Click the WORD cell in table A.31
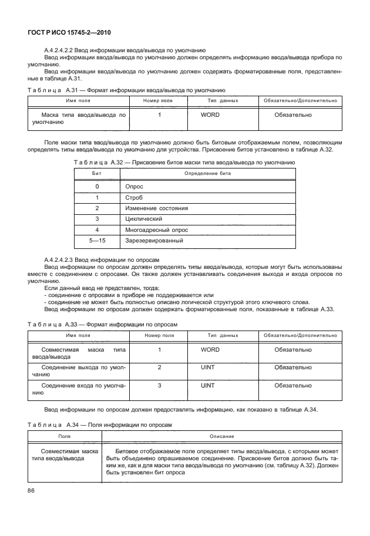pyautogui.click(x=210, y=115)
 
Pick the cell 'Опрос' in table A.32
pyautogui.click(x=134, y=186)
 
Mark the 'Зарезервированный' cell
pyautogui.click(x=154, y=241)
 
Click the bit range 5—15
pyautogui.click(x=97, y=241)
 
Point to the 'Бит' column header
pyautogui.click(x=97, y=174)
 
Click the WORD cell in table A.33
pyautogui.click(x=210, y=350)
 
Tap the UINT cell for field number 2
pyautogui.click(x=208, y=368)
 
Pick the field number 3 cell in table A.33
pyautogui.click(x=159, y=386)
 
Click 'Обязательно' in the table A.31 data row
pyautogui.click(x=293, y=115)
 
